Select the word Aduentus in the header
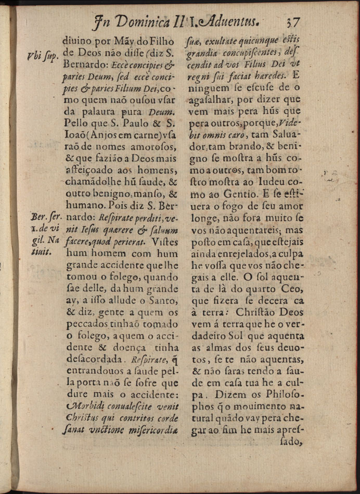pos(226,22)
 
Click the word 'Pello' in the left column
pos(76,125)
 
